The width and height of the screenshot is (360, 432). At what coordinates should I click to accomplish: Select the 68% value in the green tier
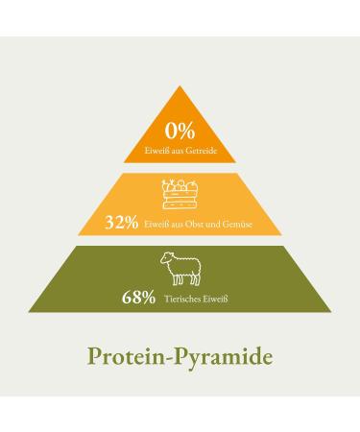click(x=137, y=299)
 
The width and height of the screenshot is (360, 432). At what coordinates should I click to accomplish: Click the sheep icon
click(x=180, y=268)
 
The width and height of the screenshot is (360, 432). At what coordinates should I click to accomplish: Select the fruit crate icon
click(x=180, y=194)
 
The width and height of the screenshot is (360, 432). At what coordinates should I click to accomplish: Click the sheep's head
click(x=163, y=259)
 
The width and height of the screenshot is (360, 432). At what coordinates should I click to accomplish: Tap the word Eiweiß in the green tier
click(x=219, y=300)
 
